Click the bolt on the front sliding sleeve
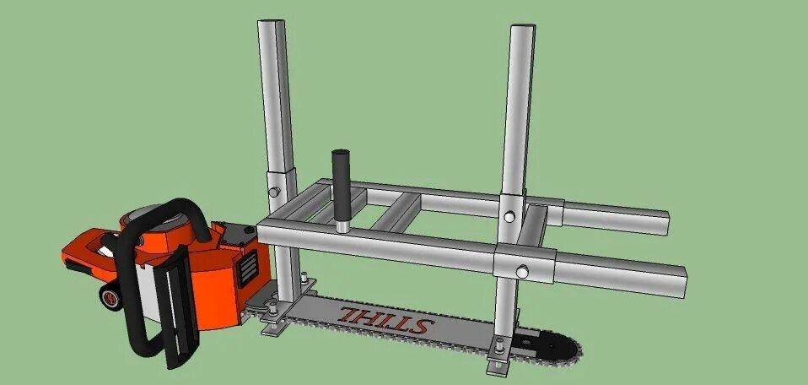524,271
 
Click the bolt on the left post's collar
274,192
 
